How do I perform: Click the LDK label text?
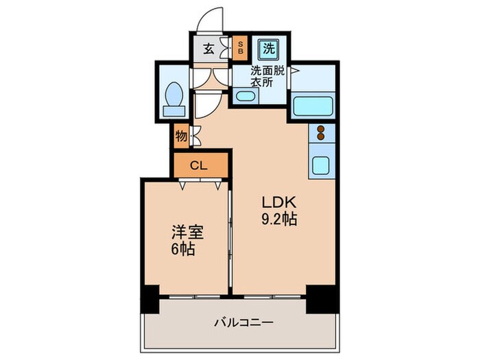pyautogui.click(x=277, y=204)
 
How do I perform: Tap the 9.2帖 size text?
pyautogui.click(x=277, y=220)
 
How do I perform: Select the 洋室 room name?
pyautogui.click(x=183, y=232)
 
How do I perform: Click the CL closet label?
pyautogui.click(x=199, y=165)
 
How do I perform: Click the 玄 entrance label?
pyautogui.click(x=208, y=48)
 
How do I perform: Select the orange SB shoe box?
pyautogui.click(x=241, y=48)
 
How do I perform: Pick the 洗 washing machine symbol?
pyautogui.click(x=266, y=48)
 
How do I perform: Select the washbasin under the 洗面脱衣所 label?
pyautogui.click(x=244, y=97)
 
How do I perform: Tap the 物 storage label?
pyautogui.click(x=181, y=136)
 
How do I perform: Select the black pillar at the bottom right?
pyautogui.click(x=321, y=297)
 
